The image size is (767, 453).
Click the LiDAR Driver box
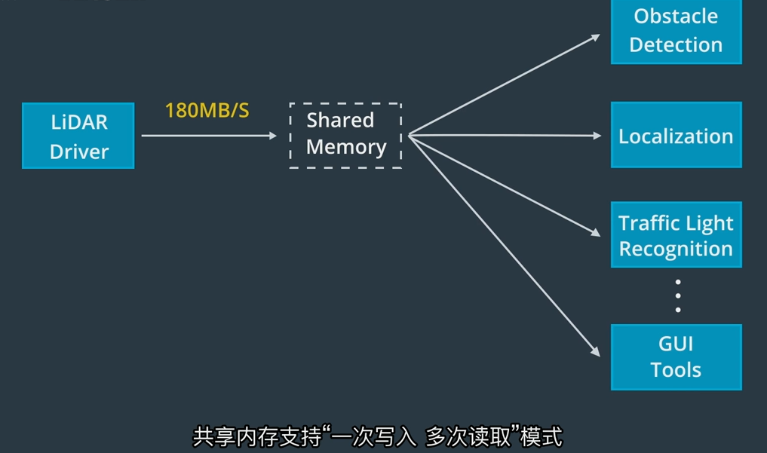[78, 136]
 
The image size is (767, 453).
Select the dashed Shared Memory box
[345, 136]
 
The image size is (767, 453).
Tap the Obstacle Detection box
[676, 31]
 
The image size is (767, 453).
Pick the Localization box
[676, 136]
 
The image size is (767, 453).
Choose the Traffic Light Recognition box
[676, 235]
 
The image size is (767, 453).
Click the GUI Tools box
[676, 357]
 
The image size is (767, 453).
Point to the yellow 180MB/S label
[207, 111]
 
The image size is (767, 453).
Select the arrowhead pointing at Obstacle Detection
[596, 36]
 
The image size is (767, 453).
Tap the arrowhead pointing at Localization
[597, 136]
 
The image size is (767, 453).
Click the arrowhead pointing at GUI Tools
[594, 351]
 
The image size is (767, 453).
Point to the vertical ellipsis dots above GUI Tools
[678, 295]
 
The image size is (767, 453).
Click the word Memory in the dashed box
[346, 147]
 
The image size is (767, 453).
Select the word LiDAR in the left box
[79, 123]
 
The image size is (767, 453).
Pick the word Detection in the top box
[676, 44]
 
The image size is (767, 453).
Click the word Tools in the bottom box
[676, 370]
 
